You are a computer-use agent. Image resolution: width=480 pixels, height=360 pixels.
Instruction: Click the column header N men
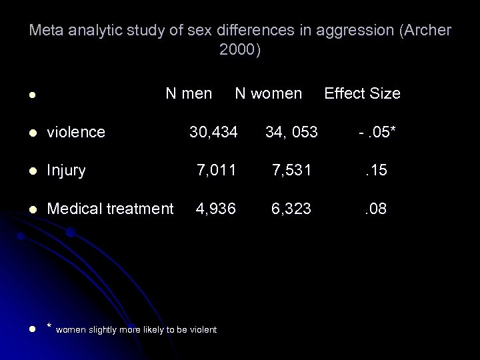[189, 93]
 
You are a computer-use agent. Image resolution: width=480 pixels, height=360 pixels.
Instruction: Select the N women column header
[268, 93]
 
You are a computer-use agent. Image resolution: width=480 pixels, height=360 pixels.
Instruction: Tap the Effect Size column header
[362, 93]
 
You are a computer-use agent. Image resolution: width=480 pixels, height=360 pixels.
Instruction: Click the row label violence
[76, 132]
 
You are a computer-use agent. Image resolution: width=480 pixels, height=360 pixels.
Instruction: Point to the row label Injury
[67, 171]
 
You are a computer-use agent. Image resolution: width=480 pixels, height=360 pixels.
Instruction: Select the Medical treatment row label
[110, 209]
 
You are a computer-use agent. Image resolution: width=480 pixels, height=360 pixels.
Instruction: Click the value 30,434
[213, 132]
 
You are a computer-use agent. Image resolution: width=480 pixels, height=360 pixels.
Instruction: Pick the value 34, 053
[291, 132]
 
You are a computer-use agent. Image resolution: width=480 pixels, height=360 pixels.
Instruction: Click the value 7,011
[216, 171]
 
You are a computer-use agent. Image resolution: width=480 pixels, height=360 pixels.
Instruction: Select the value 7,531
[291, 171]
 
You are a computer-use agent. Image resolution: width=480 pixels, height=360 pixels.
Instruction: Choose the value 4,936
[216, 209]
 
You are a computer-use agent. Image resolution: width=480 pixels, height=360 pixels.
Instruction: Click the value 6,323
[291, 209]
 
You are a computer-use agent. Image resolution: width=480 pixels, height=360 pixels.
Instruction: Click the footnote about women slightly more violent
[137, 329]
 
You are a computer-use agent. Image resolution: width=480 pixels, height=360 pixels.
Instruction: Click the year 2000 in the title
[237, 51]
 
